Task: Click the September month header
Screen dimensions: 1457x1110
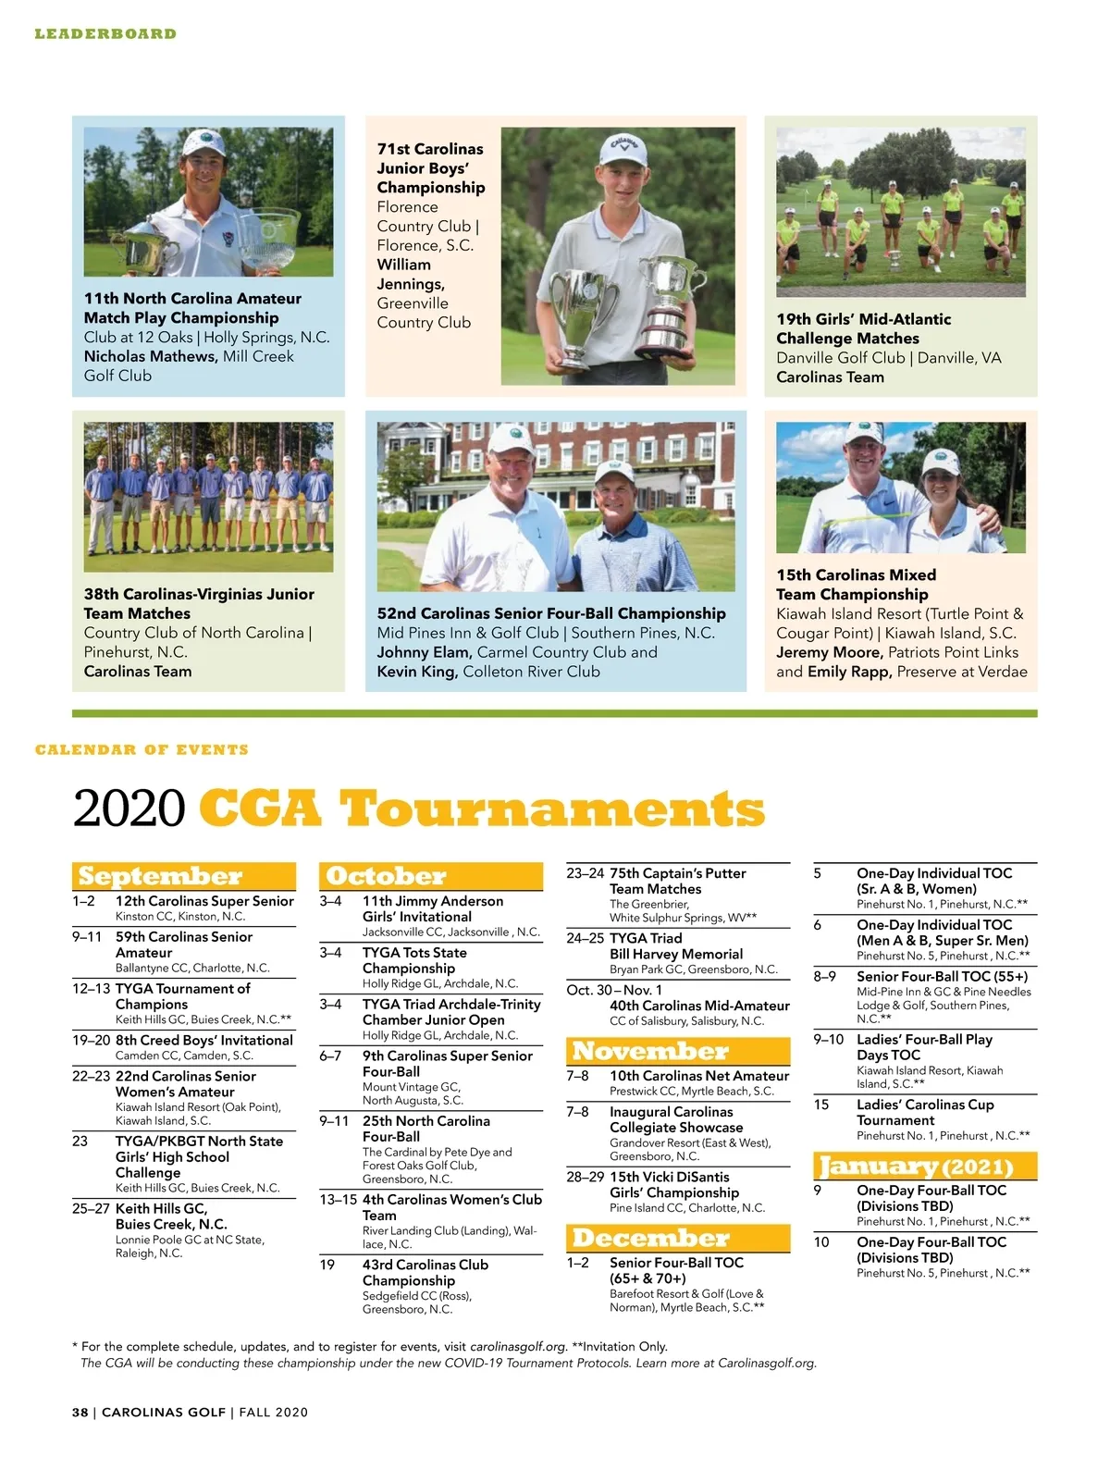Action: point(160,876)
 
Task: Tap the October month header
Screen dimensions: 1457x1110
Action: point(386,876)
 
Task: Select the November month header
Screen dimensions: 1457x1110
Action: point(650,1051)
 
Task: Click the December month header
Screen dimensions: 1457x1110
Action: point(651,1238)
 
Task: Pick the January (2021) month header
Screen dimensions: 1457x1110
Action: point(916,1166)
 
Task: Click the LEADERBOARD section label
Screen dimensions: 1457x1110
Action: point(105,34)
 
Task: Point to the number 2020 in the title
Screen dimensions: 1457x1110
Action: point(129,809)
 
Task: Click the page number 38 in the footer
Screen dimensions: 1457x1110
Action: point(80,1413)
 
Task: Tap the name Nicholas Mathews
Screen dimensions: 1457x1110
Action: point(151,356)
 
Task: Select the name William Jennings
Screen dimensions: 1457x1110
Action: point(411,275)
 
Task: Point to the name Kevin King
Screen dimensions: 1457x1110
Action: point(416,672)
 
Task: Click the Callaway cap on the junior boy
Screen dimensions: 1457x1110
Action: point(620,150)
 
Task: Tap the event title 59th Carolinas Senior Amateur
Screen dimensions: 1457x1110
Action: point(183,945)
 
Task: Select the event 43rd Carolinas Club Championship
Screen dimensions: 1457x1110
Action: point(425,1272)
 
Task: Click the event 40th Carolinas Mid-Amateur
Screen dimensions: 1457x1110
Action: point(699,1006)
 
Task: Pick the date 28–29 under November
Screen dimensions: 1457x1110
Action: point(585,1178)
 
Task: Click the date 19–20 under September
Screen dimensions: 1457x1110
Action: point(92,1041)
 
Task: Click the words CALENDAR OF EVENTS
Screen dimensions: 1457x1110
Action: point(142,749)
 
